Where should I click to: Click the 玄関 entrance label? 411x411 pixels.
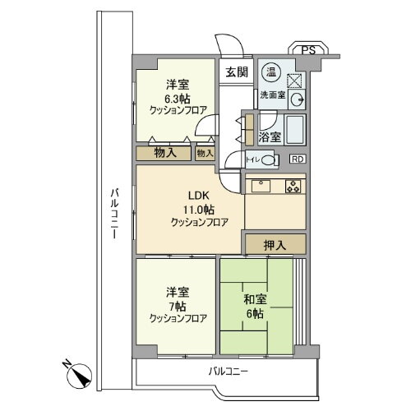(237, 72)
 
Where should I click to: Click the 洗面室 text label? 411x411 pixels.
(272, 95)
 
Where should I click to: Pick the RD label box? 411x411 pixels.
(297, 159)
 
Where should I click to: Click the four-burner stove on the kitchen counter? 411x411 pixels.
(293, 186)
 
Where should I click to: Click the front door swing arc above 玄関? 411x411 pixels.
(227, 45)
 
